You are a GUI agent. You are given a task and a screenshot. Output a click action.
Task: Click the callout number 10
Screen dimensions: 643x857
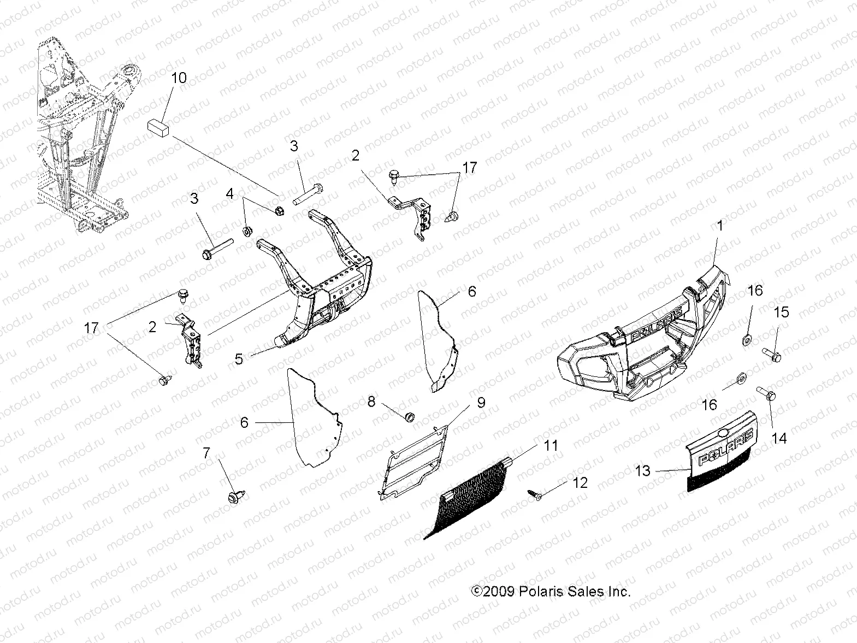[179, 78]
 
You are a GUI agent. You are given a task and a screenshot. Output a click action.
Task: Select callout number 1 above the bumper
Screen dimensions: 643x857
[719, 226]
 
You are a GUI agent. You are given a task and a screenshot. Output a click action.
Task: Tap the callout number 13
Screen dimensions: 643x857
[643, 470]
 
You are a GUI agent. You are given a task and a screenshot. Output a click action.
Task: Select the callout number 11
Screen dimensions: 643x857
[551, 446]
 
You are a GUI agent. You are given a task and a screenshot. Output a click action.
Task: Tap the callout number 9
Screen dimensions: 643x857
[481, 403]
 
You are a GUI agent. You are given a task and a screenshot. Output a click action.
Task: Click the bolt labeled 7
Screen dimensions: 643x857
[235, 496]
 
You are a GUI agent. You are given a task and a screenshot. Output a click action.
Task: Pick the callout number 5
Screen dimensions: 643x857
[239, 359]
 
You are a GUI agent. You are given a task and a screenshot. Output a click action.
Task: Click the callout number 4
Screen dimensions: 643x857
[230, 194]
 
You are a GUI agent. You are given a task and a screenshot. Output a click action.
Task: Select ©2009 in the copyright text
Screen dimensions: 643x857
[492, 592]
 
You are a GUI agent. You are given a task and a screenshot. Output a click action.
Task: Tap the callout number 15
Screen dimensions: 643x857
[781, 312]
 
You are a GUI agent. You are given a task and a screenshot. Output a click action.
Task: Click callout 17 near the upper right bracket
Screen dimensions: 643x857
[469, 168]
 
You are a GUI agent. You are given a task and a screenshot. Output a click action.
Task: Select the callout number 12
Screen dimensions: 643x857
[580, 482]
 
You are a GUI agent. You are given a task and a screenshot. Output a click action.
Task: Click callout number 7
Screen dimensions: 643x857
[206, 453]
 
